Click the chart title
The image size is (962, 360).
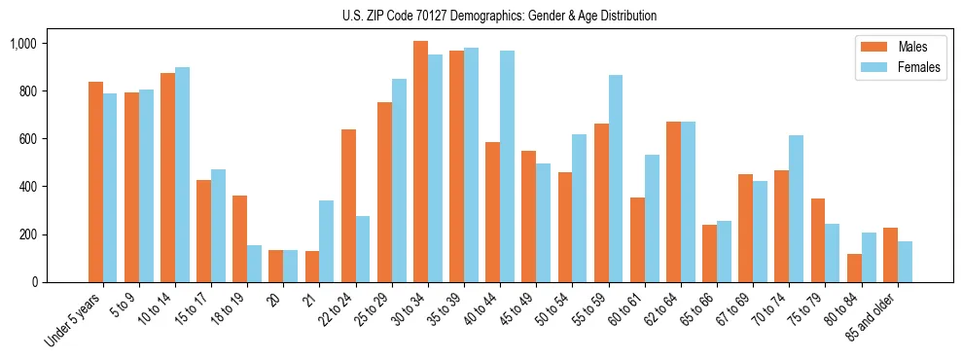pyautogui.click(x=499, y=16)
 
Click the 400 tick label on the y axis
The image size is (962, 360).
pyautogui.click(x=23, y=187)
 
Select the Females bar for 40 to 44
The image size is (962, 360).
pyautogui.click(x=508, y=166)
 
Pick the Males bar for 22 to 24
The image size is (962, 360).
pyautogui.click(x=348, y=205)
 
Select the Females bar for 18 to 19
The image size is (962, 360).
pyautogui.click(x=254, y=264)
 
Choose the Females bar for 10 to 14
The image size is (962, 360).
pyautogui.click(x=182, y=174)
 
